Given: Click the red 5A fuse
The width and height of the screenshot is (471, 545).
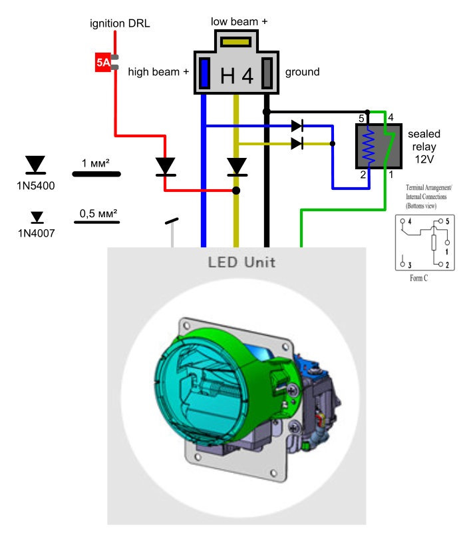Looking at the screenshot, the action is tap(103, 62).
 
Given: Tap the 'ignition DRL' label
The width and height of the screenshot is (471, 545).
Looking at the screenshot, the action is tap(120, 23).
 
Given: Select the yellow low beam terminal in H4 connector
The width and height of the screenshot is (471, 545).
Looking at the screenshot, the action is tap(236, 42).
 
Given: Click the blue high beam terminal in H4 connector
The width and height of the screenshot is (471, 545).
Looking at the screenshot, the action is tap(204, 73).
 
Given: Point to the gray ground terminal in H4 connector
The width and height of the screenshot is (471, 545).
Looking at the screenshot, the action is tap(267, 73).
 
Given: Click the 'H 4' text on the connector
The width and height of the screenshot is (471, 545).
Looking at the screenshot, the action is tap(237, 76).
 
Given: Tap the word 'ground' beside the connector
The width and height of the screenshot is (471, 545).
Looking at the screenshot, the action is tap(302, 72).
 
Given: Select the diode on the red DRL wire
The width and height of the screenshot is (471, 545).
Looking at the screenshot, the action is tap(165, 167).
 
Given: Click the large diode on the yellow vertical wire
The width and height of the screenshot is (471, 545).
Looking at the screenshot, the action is tap(237, 167).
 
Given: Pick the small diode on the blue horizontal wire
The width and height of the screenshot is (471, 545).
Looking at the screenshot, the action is tap(297, 126).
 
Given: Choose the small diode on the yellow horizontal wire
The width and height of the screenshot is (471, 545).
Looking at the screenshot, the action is tap(297, 143).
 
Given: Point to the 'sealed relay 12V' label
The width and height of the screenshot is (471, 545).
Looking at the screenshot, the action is tap(424, 147).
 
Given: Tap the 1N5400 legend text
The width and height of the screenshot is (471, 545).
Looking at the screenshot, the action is tap(36, 186).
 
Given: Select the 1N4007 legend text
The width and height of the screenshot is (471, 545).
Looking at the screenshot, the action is tap(37, 233).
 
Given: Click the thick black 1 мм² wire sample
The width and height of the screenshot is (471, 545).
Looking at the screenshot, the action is tap(96, 174).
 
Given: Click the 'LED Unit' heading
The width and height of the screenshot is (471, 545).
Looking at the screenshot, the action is tap(241, 262).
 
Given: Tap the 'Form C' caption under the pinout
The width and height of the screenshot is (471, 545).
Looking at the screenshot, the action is tap(418, 278).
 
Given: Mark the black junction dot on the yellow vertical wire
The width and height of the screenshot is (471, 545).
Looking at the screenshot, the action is tap(236, 191).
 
